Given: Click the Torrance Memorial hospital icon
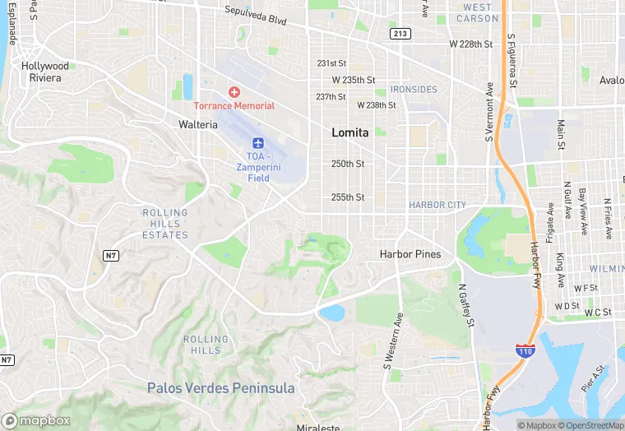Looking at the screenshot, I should click(234, 91).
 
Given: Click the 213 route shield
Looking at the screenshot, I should click(400, 34).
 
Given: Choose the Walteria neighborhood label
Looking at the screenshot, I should click(198, 124).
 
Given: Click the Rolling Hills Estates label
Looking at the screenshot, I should click(165, 224).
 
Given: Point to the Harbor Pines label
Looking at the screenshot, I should click(410, 254).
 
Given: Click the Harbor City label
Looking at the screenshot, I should click(437, 205).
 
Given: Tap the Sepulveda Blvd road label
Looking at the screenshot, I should click(255, 15).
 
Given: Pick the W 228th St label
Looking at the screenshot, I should click(470, 44).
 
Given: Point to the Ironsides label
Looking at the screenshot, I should click(414, 89).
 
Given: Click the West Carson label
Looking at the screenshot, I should click(477, 13).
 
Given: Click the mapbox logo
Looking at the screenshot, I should click(36, 419).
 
